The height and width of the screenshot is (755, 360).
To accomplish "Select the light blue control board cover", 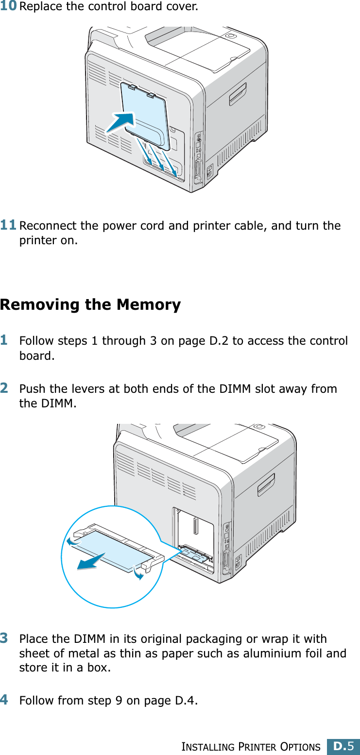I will pos(146,114).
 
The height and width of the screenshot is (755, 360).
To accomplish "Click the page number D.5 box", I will pos(343,746).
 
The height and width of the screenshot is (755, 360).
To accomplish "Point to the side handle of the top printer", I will pos(238,93).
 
